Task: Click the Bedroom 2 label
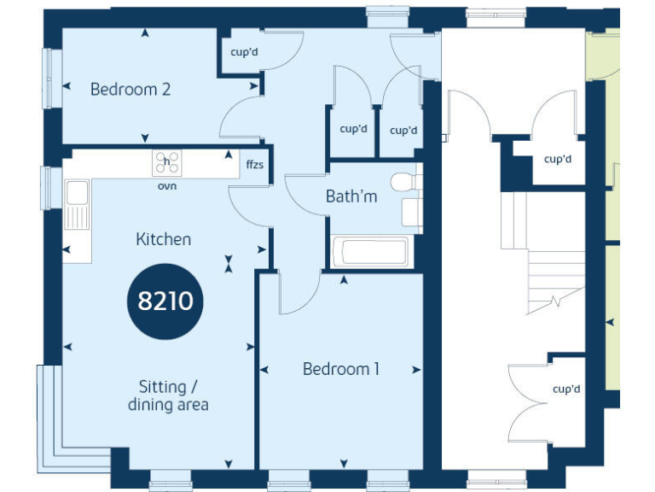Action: click(130, 89)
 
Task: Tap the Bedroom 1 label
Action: click(341, 369)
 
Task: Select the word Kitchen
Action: click(163, 239)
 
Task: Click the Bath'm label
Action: click(351, 196)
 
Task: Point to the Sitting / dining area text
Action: click(168, 395)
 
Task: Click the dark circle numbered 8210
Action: click(165, 301)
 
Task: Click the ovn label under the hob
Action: click(166, 185)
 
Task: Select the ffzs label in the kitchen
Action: click(254, 164)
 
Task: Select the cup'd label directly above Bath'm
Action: click(353, 130)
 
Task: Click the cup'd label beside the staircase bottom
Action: click(565, 389)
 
